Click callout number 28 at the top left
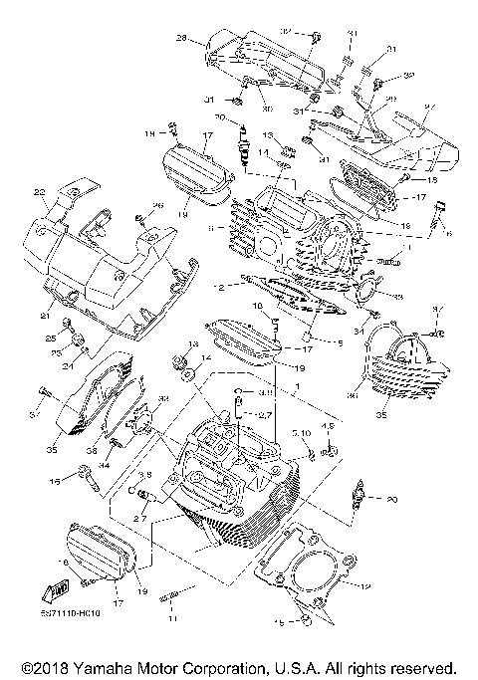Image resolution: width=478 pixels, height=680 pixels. (182, 39)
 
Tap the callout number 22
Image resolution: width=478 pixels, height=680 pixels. (40, 192)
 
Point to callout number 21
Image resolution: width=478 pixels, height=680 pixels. (44, 316)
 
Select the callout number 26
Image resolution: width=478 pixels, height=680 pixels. (155, 205)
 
